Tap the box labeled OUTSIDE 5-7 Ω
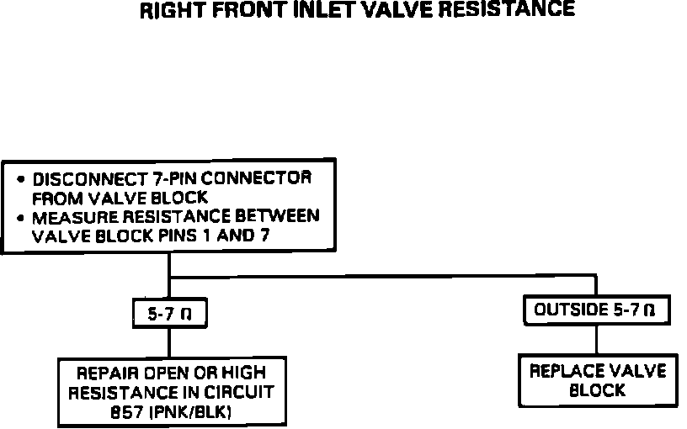pyautogui.click(x=595, y=310)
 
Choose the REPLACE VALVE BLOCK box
pyautogui.click(x=596, y=380)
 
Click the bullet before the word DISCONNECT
pyautogui.click(x=20, y=179)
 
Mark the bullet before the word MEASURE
pyautogui.click(x=20, y=216)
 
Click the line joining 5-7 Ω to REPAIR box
pyautogui.click(x=170, y=343)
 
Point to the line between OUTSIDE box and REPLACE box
pyautogui.click(x=597, y=338)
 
